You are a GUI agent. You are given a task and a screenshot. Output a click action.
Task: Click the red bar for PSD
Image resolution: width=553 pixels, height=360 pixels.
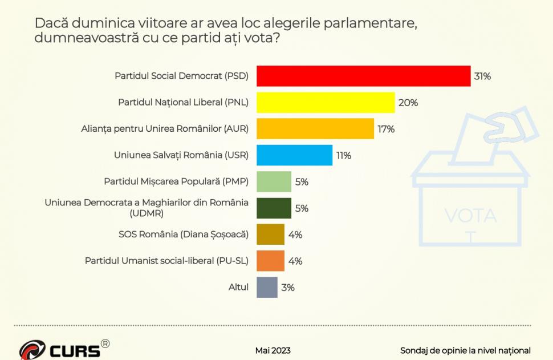point(363,76)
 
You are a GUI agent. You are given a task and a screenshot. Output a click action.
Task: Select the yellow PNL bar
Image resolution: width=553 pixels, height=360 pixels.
point(326,103)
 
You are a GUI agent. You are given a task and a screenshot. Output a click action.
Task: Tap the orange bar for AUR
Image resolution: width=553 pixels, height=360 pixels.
point(315,129)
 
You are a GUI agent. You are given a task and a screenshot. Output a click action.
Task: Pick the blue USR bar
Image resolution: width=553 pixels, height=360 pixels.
point(294,155)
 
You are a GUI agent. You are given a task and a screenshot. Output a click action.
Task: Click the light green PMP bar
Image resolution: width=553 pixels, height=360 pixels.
point(274,182)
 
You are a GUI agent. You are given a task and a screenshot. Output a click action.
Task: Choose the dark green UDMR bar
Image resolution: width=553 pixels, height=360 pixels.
point(274,208)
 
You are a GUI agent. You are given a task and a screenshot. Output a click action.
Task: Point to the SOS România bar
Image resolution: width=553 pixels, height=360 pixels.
point(270,234)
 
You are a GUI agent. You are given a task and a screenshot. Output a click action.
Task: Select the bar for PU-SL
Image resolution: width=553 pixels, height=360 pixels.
point(270,261)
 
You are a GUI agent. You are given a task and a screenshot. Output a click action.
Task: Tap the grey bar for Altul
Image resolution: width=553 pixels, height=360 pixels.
point(267,287)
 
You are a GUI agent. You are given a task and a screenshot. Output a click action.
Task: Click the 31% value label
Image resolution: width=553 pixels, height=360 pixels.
point(482,76)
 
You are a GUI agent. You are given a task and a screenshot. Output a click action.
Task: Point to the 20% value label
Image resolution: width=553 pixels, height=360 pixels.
point(408,103)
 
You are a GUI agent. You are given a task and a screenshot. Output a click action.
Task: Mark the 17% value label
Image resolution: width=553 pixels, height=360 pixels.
point(386,129)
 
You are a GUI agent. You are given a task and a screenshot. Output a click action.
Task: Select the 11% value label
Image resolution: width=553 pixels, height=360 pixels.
point(343,155)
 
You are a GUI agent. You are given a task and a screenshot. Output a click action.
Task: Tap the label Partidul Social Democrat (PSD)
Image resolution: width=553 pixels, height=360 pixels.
point(181,76)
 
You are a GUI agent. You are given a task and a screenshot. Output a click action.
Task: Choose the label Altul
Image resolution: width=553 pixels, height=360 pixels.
point(238,287)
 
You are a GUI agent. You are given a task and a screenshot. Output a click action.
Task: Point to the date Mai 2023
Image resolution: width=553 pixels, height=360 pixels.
point(273,350)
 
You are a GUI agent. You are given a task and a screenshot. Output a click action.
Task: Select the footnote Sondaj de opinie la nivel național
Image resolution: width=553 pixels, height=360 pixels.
point(465,350)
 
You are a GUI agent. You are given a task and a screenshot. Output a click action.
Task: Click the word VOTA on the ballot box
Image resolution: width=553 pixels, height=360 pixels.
point(470,216)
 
